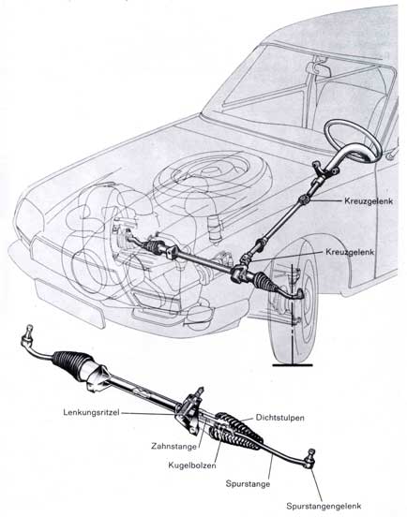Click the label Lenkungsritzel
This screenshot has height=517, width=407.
[x=91, y=412]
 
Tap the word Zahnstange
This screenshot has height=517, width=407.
[x=173, y=447]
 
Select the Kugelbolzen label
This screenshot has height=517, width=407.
[x=192, y=465]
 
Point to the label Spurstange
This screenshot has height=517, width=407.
[x=248, y=483]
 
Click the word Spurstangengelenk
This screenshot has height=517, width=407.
[x=324, y=506]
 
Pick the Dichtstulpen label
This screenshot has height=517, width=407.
[x=279, y=418]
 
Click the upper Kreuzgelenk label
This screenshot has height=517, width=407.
[x=369, y=200]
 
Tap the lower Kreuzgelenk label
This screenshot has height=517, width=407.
[x=350, y=252]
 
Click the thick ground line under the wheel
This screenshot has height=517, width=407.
[x=293, y=365]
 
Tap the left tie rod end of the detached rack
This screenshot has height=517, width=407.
[x=28, y=337]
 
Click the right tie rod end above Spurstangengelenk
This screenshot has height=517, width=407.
[x=309, y=459]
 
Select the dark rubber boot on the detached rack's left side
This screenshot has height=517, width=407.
[x=71, y=363]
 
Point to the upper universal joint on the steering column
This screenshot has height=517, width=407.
[x=304, y=199]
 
